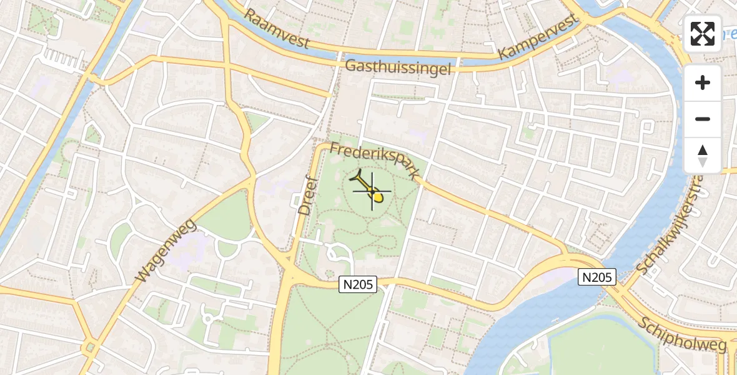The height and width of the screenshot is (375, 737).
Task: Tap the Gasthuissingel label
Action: point(398,67)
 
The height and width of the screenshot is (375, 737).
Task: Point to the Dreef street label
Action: point(305,196)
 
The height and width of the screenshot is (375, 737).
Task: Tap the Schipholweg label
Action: point(683,335)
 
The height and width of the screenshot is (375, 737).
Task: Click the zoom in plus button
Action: point(703,83)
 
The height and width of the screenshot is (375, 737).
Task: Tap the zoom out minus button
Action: point(703,119)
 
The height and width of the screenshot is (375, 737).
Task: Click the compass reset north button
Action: point(703,156)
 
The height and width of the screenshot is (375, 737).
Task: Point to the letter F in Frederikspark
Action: point(334,148)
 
